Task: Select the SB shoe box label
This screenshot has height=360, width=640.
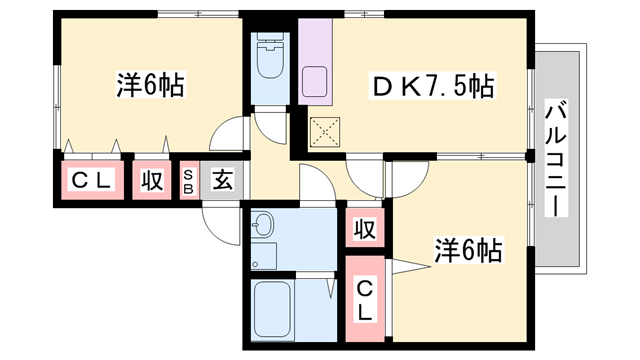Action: [x=188, y=181]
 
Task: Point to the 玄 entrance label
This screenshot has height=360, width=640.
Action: [x=222, y=181]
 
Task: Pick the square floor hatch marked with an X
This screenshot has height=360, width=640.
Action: [x=325, y=129]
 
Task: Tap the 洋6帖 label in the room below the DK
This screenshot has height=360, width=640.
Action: [x=468, y=249]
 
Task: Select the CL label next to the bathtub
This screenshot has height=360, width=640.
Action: [x=366, y=299]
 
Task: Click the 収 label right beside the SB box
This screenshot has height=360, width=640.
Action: [x=152, y=181]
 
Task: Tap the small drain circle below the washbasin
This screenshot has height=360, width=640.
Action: [x=256, y=265]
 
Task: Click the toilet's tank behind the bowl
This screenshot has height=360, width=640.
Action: [x=269, y=43]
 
